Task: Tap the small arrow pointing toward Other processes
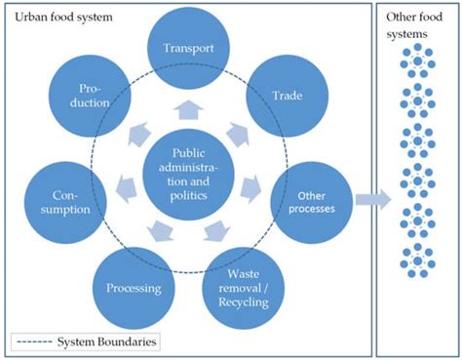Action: pyautogui.click(x=250, y=183)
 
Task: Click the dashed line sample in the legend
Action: pyautogui.click(x=33, y=341)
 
